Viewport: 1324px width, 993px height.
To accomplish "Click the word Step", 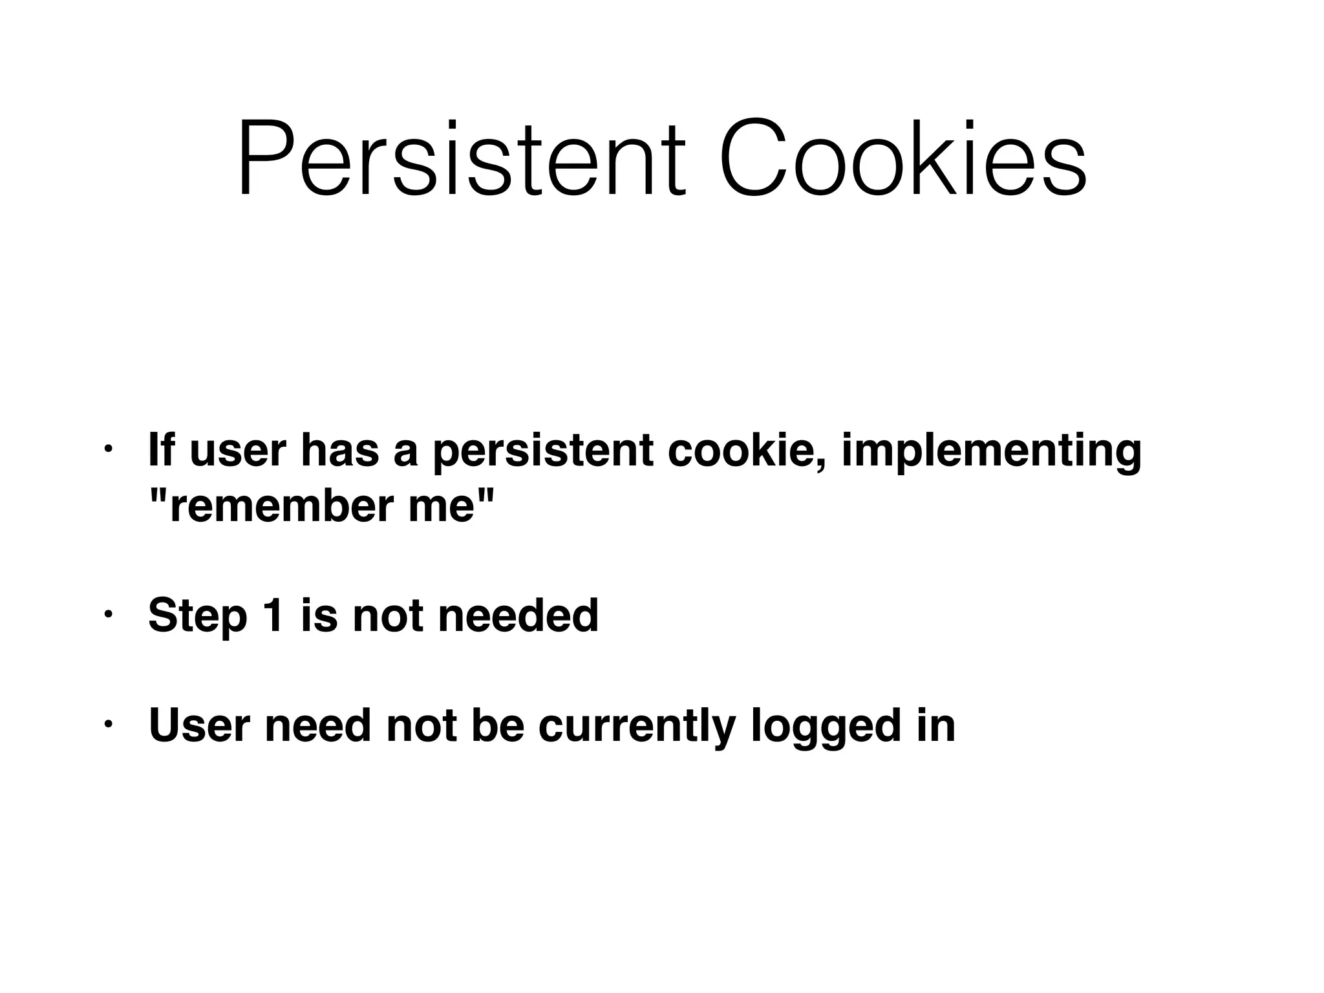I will [x=197, y=615].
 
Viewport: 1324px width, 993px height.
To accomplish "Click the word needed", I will [x=518, y=615].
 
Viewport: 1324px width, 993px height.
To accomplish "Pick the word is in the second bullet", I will [x=319, y=615].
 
